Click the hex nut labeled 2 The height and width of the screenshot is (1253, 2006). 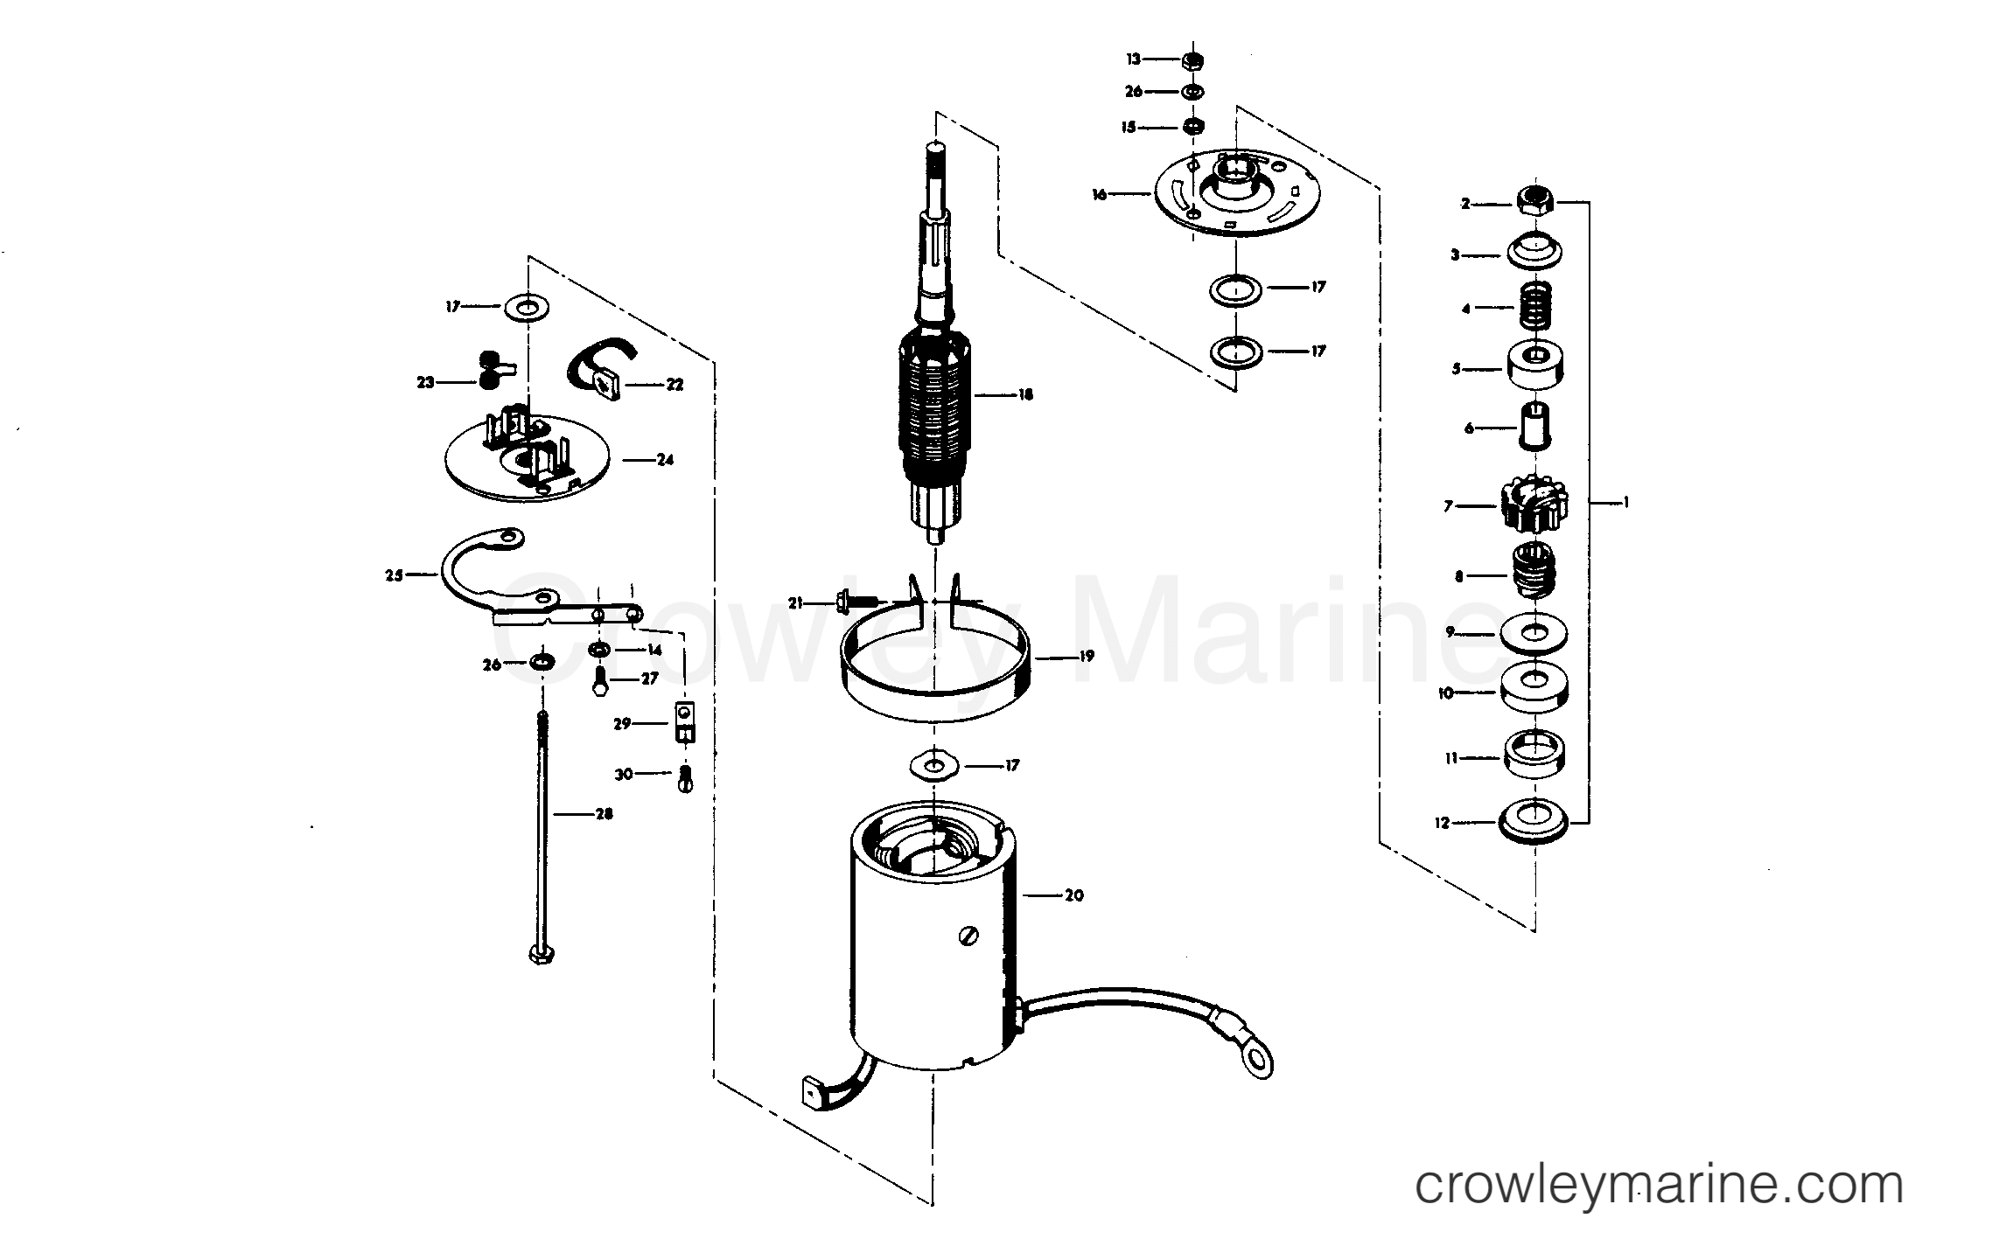click(1535, 203)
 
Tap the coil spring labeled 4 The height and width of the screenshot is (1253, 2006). click(1535, 307)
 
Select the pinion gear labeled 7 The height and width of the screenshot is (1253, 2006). click(1535, 505)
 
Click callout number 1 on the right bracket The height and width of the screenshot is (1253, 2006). click(1625, 503)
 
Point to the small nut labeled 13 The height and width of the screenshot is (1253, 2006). click(1191, 60)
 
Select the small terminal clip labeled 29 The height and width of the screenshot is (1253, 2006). click(684, 723)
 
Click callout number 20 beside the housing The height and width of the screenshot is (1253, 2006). click(1073, 895)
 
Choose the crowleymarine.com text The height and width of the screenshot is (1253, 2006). click(1659, 1187)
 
